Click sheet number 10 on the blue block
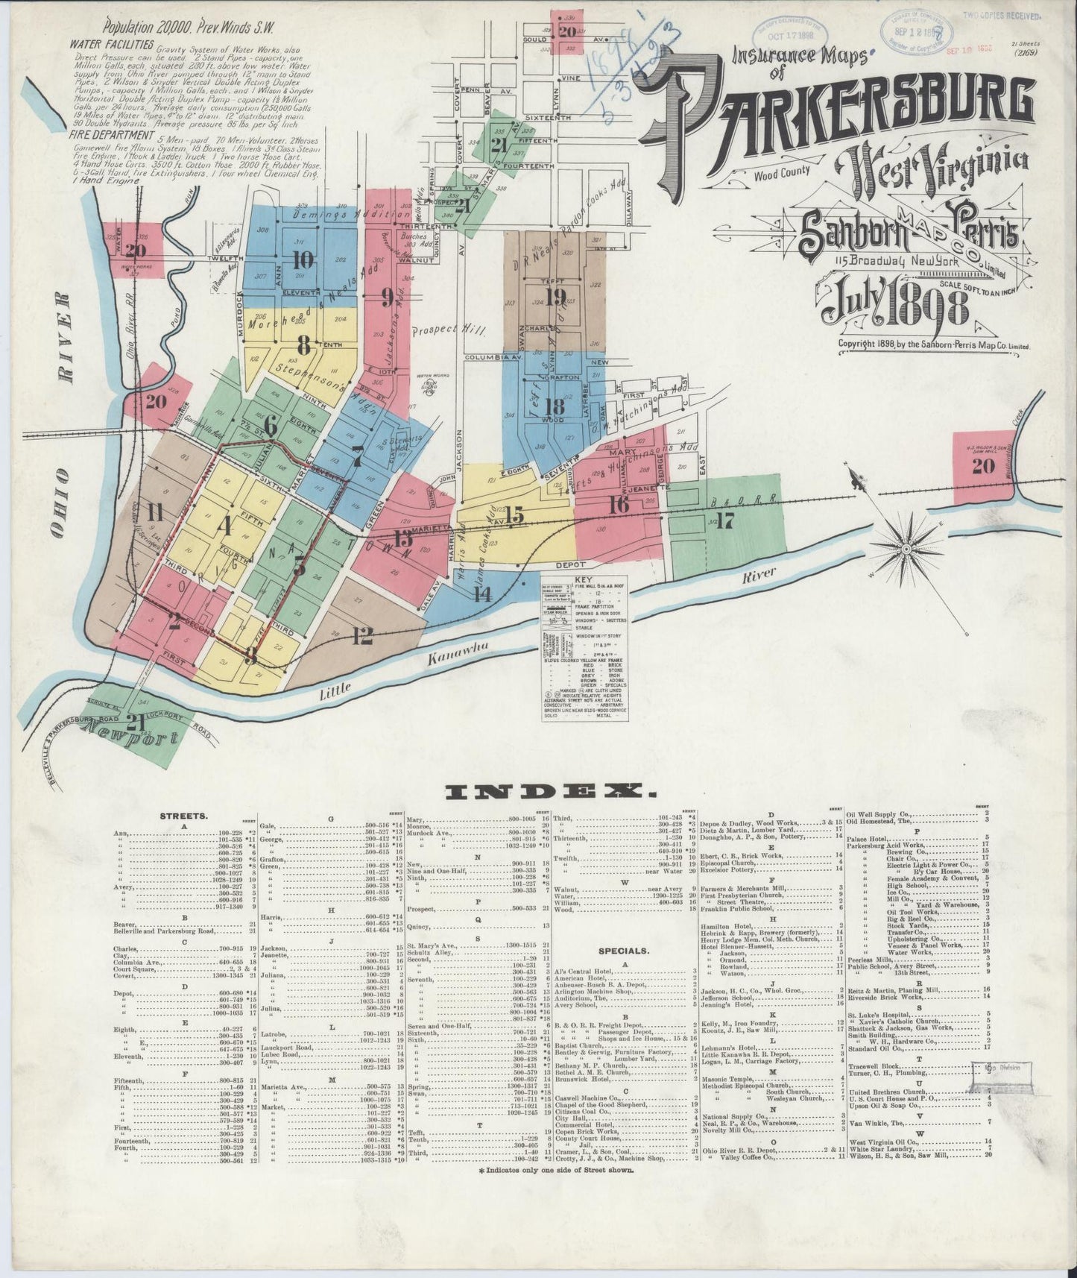(303, 259)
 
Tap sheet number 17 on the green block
(725, 520)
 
